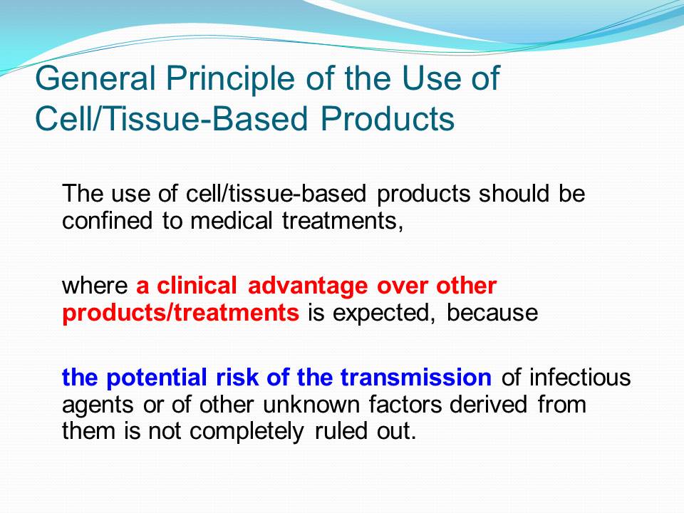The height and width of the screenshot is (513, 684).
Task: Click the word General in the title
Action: [x=95, y=78]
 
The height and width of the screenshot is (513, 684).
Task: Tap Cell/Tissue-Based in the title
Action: [x=172, y=119]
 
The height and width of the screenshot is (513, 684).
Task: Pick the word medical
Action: [x=231, y=220]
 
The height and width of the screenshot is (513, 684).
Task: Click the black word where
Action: [x=95, y=286]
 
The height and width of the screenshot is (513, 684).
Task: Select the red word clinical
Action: [x=197, y=286]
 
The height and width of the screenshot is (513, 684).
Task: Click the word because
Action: [x=492, y=313]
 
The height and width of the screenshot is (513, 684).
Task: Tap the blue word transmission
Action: [x=416, y=378]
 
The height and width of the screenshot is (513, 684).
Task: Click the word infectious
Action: [x=580, y=378]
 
